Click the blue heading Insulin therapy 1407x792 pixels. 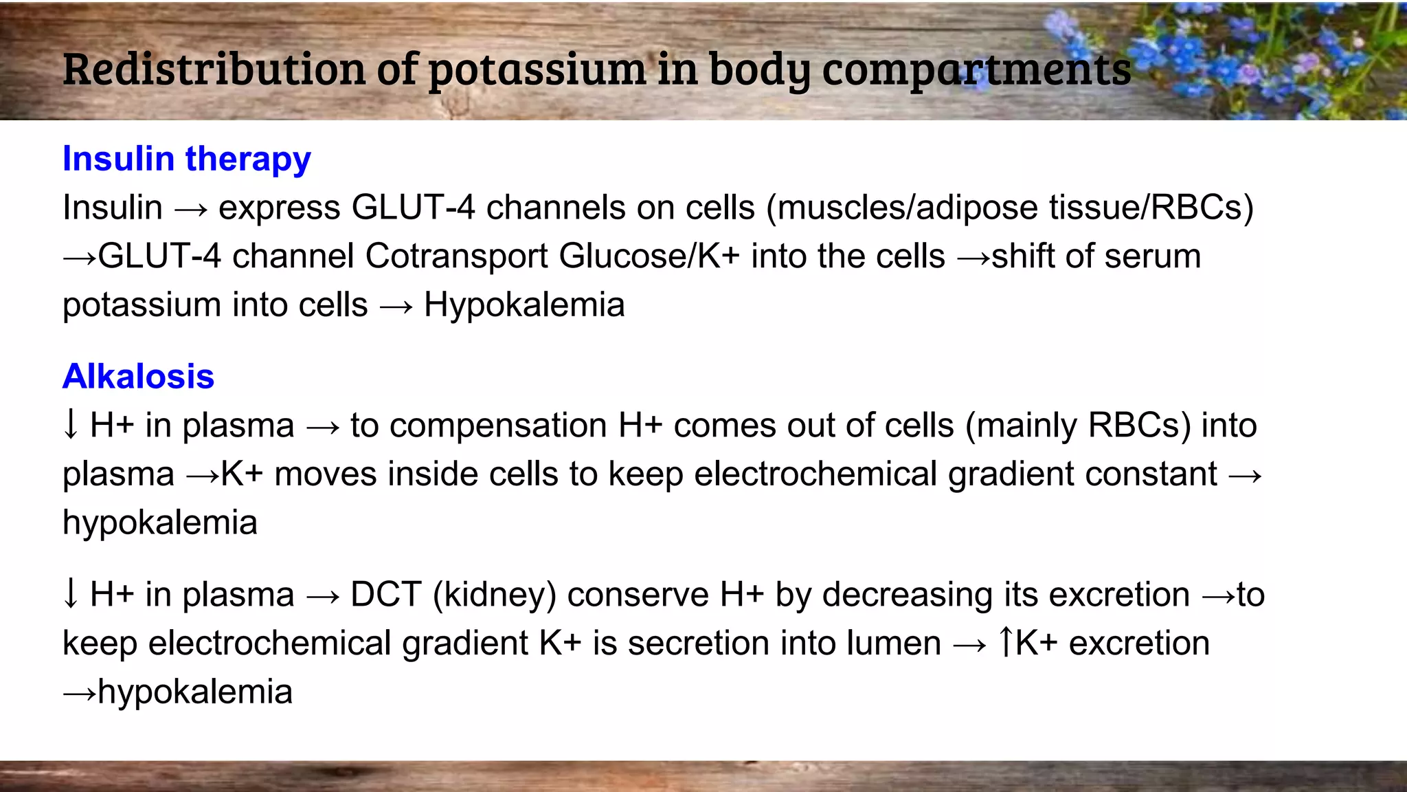point(186,159)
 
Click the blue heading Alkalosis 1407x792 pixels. point(138,376)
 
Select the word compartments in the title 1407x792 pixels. point(976,69)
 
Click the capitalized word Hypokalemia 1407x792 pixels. point(524,305)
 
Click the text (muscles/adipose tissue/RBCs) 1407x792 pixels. point(1010,208)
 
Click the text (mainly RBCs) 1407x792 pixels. point(1077,426)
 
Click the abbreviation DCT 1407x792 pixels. point(385,595)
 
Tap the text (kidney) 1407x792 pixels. point(494,595)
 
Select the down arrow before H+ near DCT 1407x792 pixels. point(70,594)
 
